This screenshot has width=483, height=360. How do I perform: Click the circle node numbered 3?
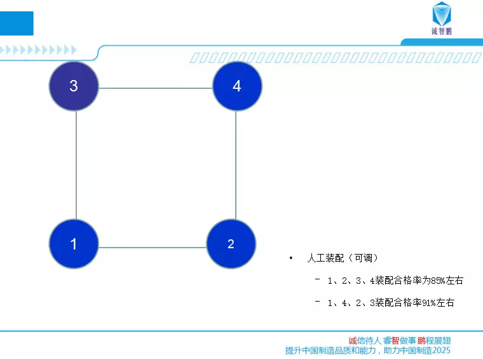click(74, 86)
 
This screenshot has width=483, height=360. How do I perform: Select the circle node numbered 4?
click(237, 86)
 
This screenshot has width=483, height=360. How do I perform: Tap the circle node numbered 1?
click(74, 244)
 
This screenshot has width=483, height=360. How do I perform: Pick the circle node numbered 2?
click(231, 244)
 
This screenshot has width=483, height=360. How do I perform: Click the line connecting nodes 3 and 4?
click(156, 88)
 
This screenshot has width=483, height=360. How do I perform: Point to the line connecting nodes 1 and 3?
click(76, 165)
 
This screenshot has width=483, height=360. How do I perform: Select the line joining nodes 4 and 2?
click(236, 165)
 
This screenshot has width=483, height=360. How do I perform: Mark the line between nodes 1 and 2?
click(153, 248)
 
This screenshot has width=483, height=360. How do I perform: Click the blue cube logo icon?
click(442, 13)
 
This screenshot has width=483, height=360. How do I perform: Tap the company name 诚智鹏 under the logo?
click(442, 31)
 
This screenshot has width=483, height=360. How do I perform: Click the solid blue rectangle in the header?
click(17, 23)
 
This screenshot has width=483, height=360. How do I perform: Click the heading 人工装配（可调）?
click(343, 258)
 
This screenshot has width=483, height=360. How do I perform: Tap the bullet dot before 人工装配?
click(291, 258)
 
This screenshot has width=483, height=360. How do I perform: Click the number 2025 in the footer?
click(441, 350)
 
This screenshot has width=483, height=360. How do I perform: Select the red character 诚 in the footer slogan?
click(353, 340)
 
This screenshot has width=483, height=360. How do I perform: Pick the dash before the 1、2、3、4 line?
click(318, 279)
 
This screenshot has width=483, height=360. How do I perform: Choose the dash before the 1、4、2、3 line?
click(318, 301)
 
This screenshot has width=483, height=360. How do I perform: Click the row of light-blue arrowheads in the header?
click(38, 50)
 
